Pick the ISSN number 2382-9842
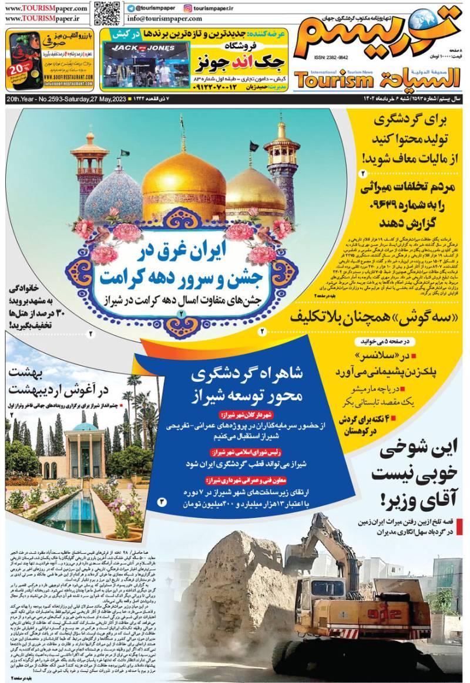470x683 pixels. click(331, 58)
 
